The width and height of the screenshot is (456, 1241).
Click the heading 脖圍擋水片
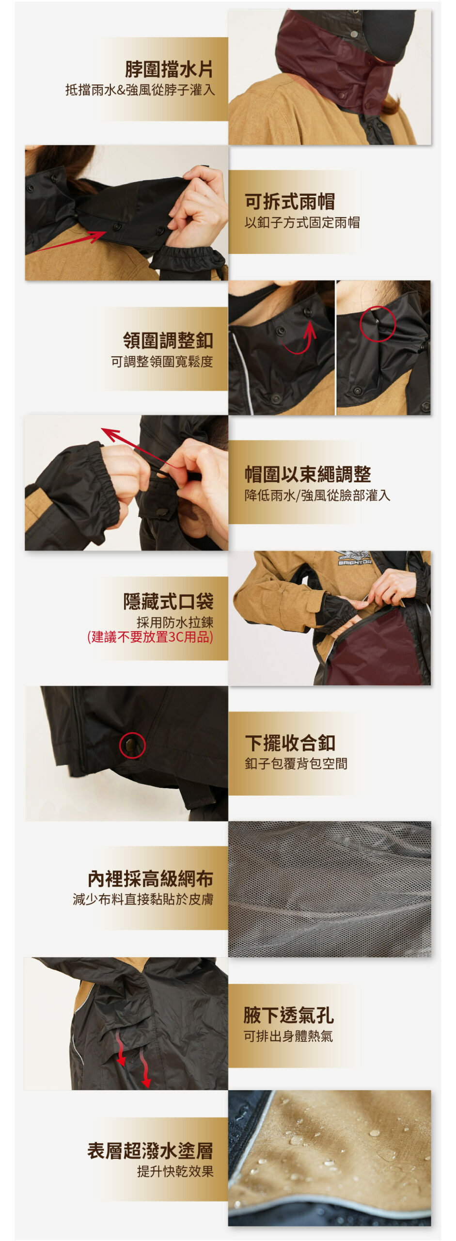[169, 69]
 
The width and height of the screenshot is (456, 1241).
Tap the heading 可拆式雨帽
[289, 202]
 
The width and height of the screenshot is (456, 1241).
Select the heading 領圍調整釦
[168, 340]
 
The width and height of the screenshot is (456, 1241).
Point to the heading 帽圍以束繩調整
[308, 474]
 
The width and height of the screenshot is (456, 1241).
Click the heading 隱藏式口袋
[168, 601]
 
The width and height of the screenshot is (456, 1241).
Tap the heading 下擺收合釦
[290, 743]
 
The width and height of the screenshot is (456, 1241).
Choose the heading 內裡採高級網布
[150, 878]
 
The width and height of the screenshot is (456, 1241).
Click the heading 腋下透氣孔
[288, 1015]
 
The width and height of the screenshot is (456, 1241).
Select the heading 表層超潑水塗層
[150, 1150]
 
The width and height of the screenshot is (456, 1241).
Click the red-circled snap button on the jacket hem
[132, 745]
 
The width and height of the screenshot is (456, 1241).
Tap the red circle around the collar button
[377, 324]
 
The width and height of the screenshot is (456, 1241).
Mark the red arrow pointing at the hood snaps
[68, 242]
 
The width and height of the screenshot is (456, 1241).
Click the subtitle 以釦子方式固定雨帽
[302, 223]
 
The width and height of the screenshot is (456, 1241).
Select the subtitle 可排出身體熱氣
[288, 1036]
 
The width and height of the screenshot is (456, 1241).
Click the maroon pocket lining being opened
[376, 650]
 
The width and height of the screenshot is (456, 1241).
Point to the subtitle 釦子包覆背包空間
[296, 764]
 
